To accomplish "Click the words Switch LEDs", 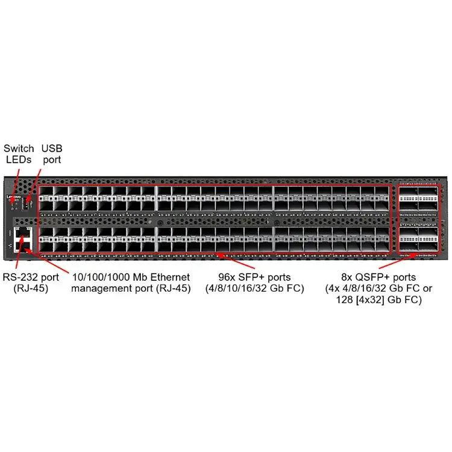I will pos(19,154).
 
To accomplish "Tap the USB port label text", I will pos(51,154).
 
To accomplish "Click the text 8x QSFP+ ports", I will pos(378,277).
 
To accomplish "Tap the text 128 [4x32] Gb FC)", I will pos(378,300).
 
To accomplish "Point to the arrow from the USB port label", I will pos(36,178).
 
